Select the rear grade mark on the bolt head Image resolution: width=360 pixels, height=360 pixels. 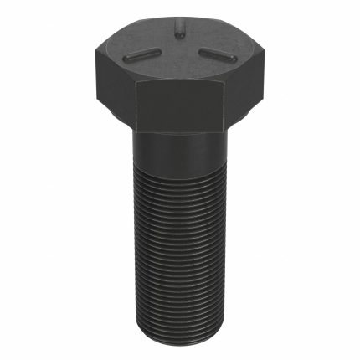tap(178, 30)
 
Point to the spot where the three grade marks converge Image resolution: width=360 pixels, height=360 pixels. tap(179, 52)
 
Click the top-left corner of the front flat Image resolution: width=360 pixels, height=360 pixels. tap(134, 81)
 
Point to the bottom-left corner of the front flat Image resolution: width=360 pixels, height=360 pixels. tap(136, 131)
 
